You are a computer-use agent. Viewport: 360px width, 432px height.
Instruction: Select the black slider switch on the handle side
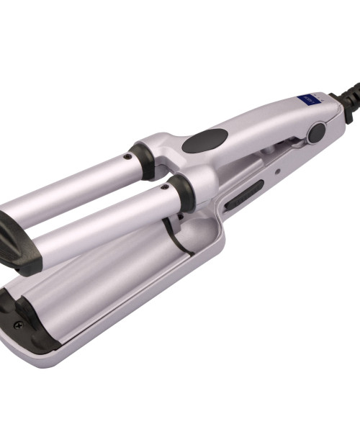point(245,195)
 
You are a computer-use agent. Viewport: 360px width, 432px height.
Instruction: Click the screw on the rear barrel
point(127,156)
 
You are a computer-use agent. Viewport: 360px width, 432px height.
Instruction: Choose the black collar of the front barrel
point(180,193)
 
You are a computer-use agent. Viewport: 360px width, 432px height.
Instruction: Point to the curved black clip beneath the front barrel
point(173,234)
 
